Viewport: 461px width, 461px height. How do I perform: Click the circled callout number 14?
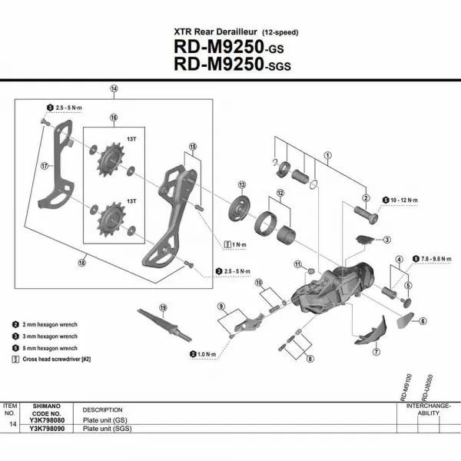point(114,89)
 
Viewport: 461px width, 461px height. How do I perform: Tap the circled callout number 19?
point(163,308)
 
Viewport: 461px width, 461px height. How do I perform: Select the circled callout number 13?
point(241,185)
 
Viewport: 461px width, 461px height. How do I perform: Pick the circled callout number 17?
point(45,164)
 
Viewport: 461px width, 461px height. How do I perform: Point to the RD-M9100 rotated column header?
point(406,386)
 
